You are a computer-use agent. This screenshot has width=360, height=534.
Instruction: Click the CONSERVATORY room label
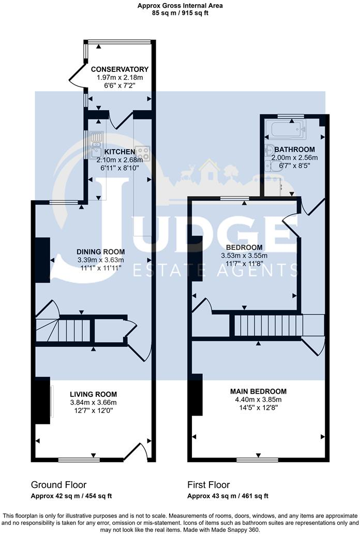(119, 69)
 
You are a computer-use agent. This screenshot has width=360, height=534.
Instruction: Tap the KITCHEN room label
(119, 152)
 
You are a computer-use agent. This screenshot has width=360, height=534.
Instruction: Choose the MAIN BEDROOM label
(258, 391)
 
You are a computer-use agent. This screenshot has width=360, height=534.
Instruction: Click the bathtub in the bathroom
(285, 129)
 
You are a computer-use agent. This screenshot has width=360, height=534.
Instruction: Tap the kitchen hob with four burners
(143, 153)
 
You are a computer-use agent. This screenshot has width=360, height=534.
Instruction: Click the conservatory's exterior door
(77, 77)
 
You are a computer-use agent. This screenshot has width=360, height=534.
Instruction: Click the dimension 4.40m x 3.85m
(258, 399)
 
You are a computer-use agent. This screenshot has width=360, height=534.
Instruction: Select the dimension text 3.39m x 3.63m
(101, 260)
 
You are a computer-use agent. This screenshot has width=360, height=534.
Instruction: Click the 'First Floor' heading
(208, 485)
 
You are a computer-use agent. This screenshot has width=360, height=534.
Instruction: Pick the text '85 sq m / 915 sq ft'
(181, 13)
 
